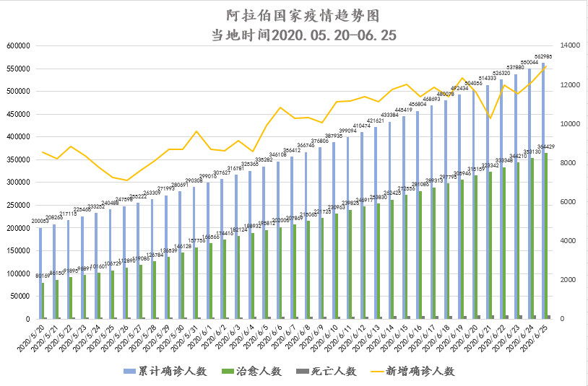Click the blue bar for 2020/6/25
543,190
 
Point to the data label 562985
543,56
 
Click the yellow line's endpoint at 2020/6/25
546,66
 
